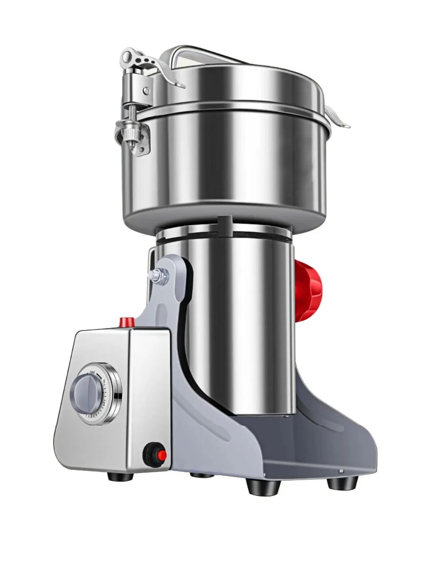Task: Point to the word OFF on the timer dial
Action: pos(92,373)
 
